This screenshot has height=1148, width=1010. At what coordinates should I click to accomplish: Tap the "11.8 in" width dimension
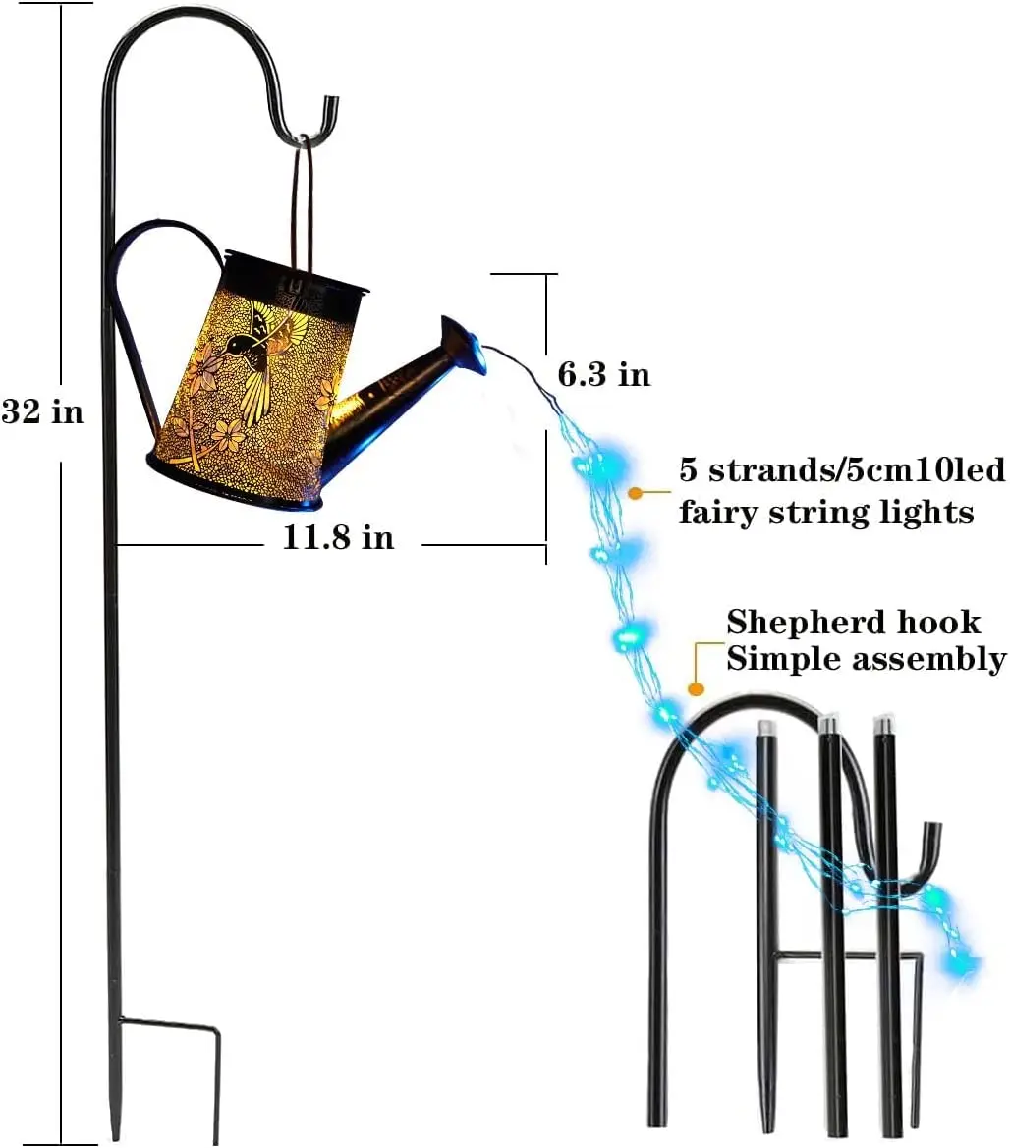tap(338, 537)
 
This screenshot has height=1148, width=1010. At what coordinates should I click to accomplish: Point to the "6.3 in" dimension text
tap(603, 374)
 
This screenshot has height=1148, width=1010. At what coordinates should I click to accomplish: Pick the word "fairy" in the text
tap(722, 512)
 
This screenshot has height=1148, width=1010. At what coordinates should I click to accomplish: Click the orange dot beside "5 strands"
tap(636, 492)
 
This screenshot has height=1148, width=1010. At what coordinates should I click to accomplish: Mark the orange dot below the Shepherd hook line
tap(696, 689)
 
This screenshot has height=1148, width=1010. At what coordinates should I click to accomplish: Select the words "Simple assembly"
tap(866, 658)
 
